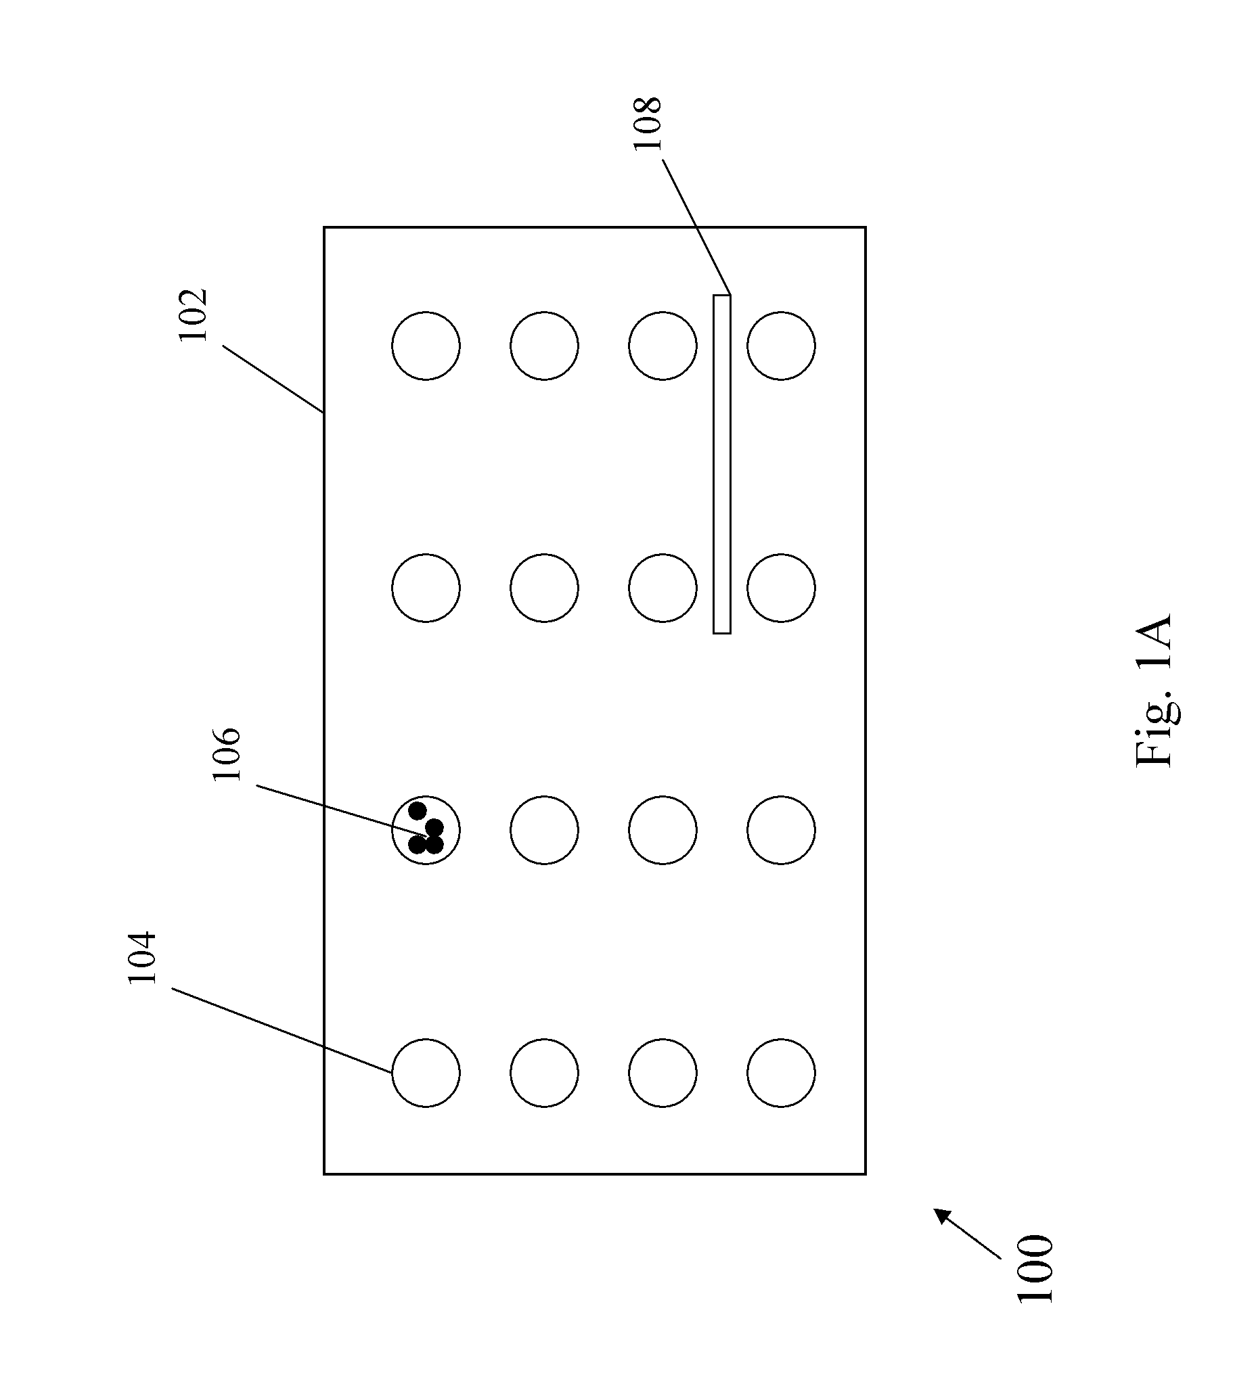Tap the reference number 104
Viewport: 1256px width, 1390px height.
pyautogui.click(x=143, y=958)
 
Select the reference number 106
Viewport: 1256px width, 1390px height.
pyautogui.click(x=227, y=754)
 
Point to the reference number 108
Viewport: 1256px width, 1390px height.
pyautogui.click(x=647, y=123)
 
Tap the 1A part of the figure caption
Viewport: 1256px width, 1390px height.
pyautogui.click(x=1154, y=642)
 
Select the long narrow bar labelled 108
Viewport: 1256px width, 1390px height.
pyautogui.click(x=721, y=464)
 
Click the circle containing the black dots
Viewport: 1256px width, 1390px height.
pyautogui.click(x=426, y=830)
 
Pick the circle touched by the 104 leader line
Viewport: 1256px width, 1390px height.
pyautogui.click(x=426, y=1073)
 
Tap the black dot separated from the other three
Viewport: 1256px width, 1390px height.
pyautogui.click(x=418, y=811)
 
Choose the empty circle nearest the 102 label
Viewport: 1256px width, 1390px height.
pyautogui.click(x=426, y=346)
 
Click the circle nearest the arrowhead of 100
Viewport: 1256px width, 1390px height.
pyautogui.click(x=781, y=1073)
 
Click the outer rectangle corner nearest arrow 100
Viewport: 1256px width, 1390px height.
pyautogui.click(x=865, y=1174)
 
